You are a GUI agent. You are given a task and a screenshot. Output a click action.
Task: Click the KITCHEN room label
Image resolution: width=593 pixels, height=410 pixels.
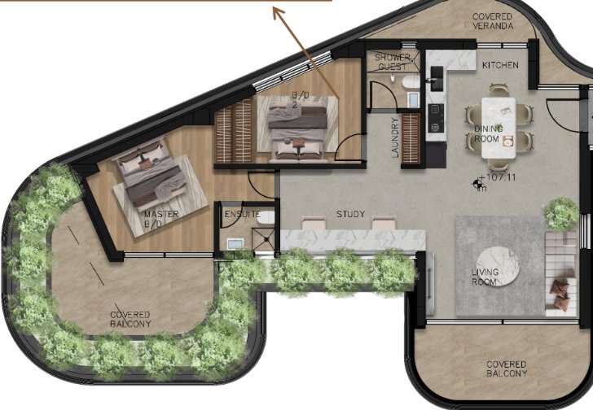500,65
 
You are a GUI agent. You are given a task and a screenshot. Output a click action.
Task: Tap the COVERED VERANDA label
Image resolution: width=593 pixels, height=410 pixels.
492,21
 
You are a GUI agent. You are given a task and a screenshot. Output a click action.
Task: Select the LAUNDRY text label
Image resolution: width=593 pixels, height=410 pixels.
395,137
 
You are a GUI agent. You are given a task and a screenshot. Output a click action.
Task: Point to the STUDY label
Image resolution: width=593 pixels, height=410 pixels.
350,214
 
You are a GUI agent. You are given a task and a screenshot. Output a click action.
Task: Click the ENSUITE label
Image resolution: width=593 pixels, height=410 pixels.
243,214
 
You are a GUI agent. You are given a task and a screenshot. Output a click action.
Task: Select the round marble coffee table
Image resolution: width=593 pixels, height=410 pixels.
498,266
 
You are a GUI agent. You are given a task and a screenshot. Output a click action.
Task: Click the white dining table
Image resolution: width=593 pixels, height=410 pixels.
499,128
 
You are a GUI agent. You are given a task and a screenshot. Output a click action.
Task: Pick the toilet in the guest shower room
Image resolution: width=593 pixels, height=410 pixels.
411,81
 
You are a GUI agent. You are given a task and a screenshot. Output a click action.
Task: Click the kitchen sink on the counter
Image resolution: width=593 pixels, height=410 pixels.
437,78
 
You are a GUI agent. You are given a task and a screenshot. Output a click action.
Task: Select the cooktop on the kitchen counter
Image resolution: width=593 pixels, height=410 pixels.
435,118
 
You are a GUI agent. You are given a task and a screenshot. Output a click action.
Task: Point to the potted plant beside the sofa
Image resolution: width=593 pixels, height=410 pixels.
561,214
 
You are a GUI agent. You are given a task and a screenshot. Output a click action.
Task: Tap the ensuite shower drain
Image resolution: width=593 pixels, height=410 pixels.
267,238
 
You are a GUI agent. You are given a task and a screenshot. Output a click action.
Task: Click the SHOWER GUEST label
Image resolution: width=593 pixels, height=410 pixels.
393,63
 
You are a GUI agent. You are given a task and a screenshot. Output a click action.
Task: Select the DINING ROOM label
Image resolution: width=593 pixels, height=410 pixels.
488,133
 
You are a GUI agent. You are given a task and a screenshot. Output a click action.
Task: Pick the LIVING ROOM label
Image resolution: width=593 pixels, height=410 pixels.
485,277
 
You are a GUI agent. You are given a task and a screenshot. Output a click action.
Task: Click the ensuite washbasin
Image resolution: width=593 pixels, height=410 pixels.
235,244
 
